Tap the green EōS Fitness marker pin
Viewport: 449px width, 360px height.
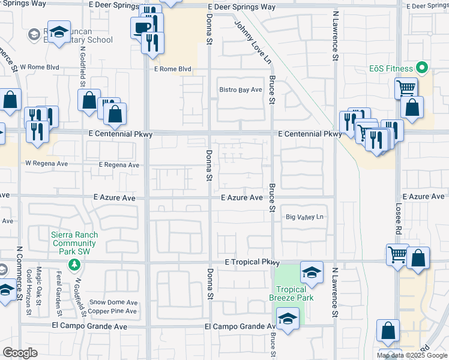[421, 67]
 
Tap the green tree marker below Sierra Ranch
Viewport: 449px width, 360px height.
[74, 264]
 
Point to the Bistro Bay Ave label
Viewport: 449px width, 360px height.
[240, 90]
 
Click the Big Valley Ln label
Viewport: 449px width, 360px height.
[304, 217]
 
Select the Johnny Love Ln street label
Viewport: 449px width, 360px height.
[254, 42]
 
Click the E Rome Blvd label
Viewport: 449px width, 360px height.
[172, 69]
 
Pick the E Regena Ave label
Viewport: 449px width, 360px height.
[119, 165]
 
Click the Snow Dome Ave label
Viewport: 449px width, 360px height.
[113, 302]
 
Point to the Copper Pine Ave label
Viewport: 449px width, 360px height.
[113, 311]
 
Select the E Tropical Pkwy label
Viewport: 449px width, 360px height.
[253, 262]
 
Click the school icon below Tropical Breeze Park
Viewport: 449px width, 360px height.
[288, 319]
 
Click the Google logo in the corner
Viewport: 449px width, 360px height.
[19, 353]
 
